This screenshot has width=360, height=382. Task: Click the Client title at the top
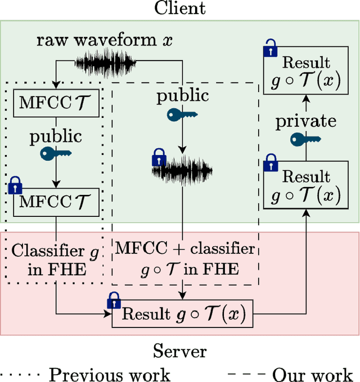click(179, 8)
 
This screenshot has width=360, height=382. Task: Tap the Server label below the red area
click(179, 352)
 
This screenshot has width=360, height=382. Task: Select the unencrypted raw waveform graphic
click(106, 62)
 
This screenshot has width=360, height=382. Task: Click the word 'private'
click(305, 121)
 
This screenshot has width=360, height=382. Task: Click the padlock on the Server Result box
click(114, 301)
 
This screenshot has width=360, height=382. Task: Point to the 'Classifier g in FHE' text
click(55, 260)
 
